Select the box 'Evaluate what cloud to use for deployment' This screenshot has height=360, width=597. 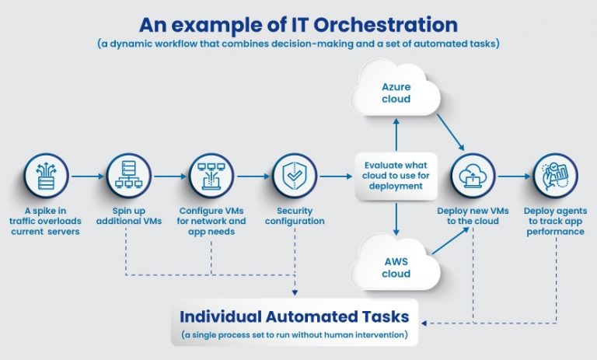pos(396,176)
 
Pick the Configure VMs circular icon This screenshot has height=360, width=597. pos(211,176)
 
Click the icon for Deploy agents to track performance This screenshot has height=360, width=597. pos(554,176)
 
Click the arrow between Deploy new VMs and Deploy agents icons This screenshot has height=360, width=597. pos(514,177)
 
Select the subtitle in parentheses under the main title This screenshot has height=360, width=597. pos(298,44)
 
